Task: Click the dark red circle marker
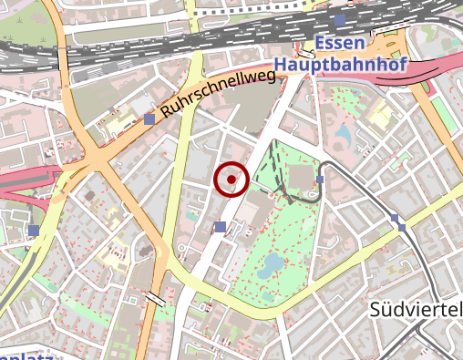click(231, 180)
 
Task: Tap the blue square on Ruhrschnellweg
click(149, 119)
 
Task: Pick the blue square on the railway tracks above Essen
click(340, 19)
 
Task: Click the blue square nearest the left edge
click(34, 231)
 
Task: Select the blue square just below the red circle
click(220, 226)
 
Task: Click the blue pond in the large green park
click(271, 265)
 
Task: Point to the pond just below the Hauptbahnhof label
click(343, 136)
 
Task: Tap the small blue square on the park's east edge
click(320, 180)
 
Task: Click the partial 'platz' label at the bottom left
click(27, 355)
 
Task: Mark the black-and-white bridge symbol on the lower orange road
click(156, 297)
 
